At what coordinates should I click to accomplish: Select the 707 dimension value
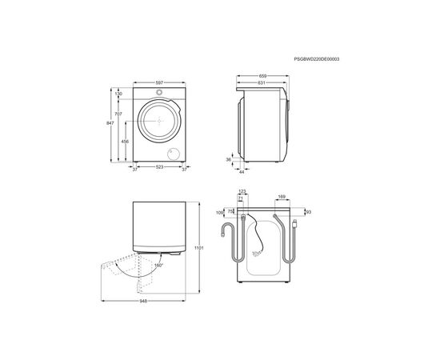pyautogui.click(x=118, y=115)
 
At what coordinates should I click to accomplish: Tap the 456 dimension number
pyautogui.click(x=125, y=141)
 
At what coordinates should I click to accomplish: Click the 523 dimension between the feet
pyautogui.click(x=160, y=168)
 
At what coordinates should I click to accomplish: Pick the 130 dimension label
pyautogui.click(x=118, y=94)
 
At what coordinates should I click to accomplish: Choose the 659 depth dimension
pyautogui.click(x=263, y=76)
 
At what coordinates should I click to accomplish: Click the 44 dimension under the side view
pyautogui.click(x=242, y=170)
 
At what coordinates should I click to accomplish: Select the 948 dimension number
pyautogui.click(x=142, y=302)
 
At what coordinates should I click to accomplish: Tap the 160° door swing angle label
pyautogui.click(x=158, y=264)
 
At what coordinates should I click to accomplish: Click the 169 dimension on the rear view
pyautogui.click(x=281, y=196)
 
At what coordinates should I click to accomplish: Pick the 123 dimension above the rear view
pyautogui.click(x=242, y=190)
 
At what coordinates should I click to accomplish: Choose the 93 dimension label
pyautogui.click(x=308, y=212)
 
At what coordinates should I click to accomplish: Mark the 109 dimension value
pyautogui.click(x=220, y=213)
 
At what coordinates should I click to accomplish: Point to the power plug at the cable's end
pyautogui.click(x=296, y=223)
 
